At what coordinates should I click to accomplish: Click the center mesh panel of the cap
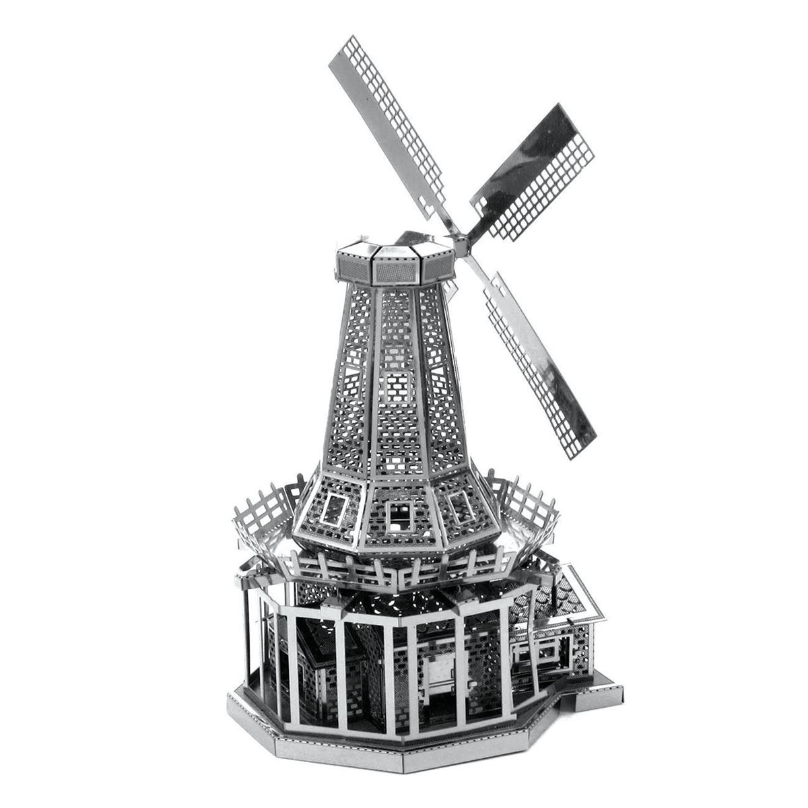tap(393, 271)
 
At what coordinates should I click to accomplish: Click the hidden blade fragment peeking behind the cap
tap(415, 239)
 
